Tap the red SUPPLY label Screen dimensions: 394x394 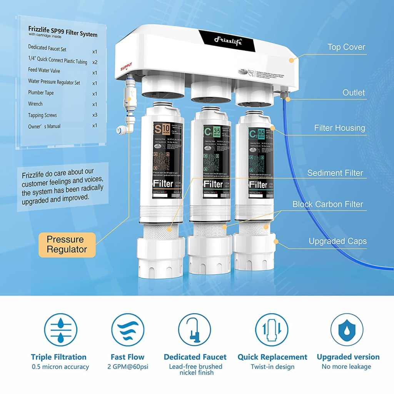(126, 67)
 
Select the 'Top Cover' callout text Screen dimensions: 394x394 (346, 47)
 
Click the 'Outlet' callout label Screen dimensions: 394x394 (354, 92)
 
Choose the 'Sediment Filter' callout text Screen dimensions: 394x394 (335, 173)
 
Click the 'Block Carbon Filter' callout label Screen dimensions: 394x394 (327, 204)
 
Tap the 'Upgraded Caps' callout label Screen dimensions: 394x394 (337, 241)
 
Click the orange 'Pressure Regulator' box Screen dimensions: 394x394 (67, 244)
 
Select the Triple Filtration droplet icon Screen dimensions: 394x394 (60, 330)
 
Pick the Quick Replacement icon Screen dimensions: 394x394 (272, 330)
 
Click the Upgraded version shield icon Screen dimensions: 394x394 (347, 330)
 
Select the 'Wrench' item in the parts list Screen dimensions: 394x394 (35, 104)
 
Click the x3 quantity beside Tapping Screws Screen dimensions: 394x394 (95, 115)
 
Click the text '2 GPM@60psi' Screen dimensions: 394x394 (127, 367)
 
